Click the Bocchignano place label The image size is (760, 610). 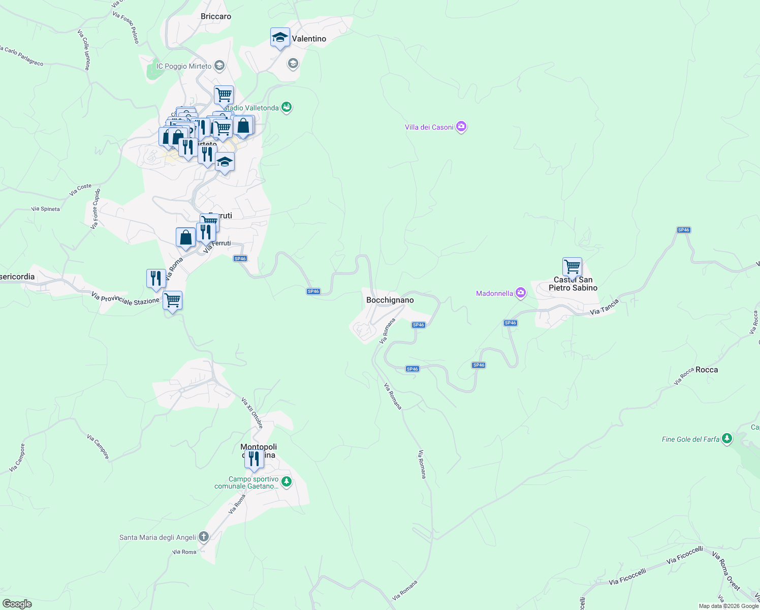click(390, 300)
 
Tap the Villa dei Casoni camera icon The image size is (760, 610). click(461, 127)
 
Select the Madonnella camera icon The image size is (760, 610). click(520, 293)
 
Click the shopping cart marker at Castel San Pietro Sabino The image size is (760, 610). click(572, 267)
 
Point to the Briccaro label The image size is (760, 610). click(216, 16)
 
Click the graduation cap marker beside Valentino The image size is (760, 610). click(280, 38)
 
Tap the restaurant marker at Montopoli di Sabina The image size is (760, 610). click(254, 459)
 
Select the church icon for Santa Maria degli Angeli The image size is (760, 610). click(203, 537)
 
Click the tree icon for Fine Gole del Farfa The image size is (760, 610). click(727, 439)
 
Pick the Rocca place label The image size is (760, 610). click(707, 370)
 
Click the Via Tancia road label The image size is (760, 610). click(605, 307)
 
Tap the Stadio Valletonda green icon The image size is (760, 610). click(287, 107)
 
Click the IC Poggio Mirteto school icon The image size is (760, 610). click(219, 66)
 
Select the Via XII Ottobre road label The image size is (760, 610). click(252, 413)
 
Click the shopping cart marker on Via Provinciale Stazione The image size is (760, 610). click(172, 300)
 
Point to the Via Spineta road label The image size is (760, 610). click(45, 209)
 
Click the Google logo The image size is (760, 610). click(17, 604)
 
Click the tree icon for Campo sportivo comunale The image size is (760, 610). click(287, 482)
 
